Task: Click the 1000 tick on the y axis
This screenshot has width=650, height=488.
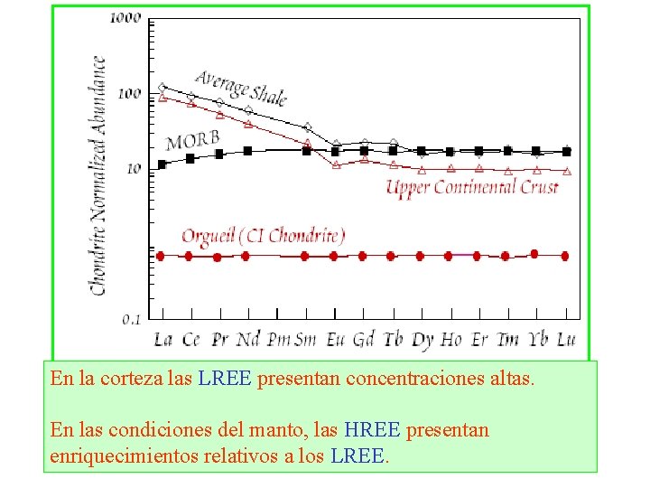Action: (125, 18)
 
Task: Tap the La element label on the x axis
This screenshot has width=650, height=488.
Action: (162, 340)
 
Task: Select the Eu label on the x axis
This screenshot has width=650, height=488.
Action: (334, 340)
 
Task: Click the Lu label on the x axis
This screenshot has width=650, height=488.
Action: (566, 340)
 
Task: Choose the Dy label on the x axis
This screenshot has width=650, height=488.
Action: (422, 340)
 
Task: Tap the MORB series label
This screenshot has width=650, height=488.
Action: (192, 141)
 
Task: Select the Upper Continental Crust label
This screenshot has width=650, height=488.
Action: (472, 188)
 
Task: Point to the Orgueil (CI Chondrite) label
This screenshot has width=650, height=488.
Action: (263, 237)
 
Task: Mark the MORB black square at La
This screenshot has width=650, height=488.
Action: (162, 164)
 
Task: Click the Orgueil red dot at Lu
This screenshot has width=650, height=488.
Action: (565, 256)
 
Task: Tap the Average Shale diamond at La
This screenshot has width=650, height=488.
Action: (162, 88)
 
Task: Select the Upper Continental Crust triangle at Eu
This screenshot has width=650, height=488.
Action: (335, 164)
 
